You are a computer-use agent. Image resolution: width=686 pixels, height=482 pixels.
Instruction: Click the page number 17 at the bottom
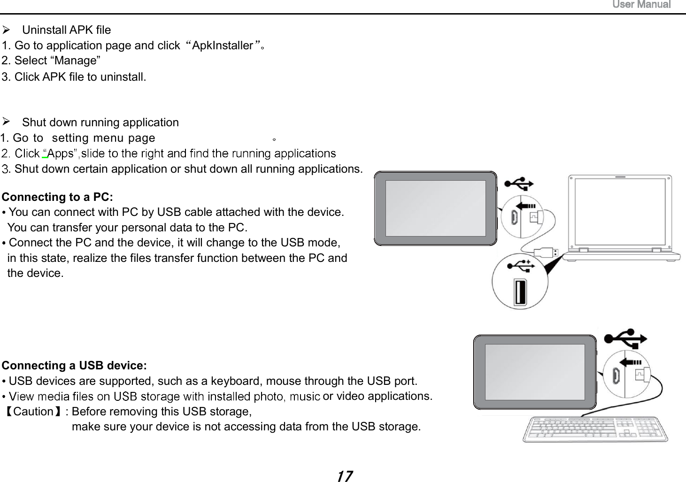click(344, 476)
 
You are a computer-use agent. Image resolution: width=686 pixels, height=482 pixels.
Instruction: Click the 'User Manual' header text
click(641, 5)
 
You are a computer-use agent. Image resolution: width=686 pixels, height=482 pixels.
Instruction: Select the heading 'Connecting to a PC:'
click(57, 197)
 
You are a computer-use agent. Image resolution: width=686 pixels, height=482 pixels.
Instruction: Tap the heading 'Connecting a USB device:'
click(74, 366)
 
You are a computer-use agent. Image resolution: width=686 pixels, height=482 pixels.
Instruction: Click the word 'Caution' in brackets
click(33, 412)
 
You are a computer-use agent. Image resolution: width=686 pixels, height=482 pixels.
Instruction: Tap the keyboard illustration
click(595, 429)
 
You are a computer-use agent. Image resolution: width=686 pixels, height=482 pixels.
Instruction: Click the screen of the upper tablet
click(435, 208)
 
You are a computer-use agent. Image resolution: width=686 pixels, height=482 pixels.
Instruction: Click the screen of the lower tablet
click(534, 372)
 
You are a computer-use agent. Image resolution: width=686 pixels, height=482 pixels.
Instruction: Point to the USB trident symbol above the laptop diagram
click(519, 183)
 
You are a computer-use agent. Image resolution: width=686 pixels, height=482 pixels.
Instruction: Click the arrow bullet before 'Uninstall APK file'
click(6, 30)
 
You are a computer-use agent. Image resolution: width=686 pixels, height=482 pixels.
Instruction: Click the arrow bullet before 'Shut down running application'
click(6, 122)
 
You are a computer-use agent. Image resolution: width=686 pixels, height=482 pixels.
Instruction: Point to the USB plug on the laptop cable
click(548, 252)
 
